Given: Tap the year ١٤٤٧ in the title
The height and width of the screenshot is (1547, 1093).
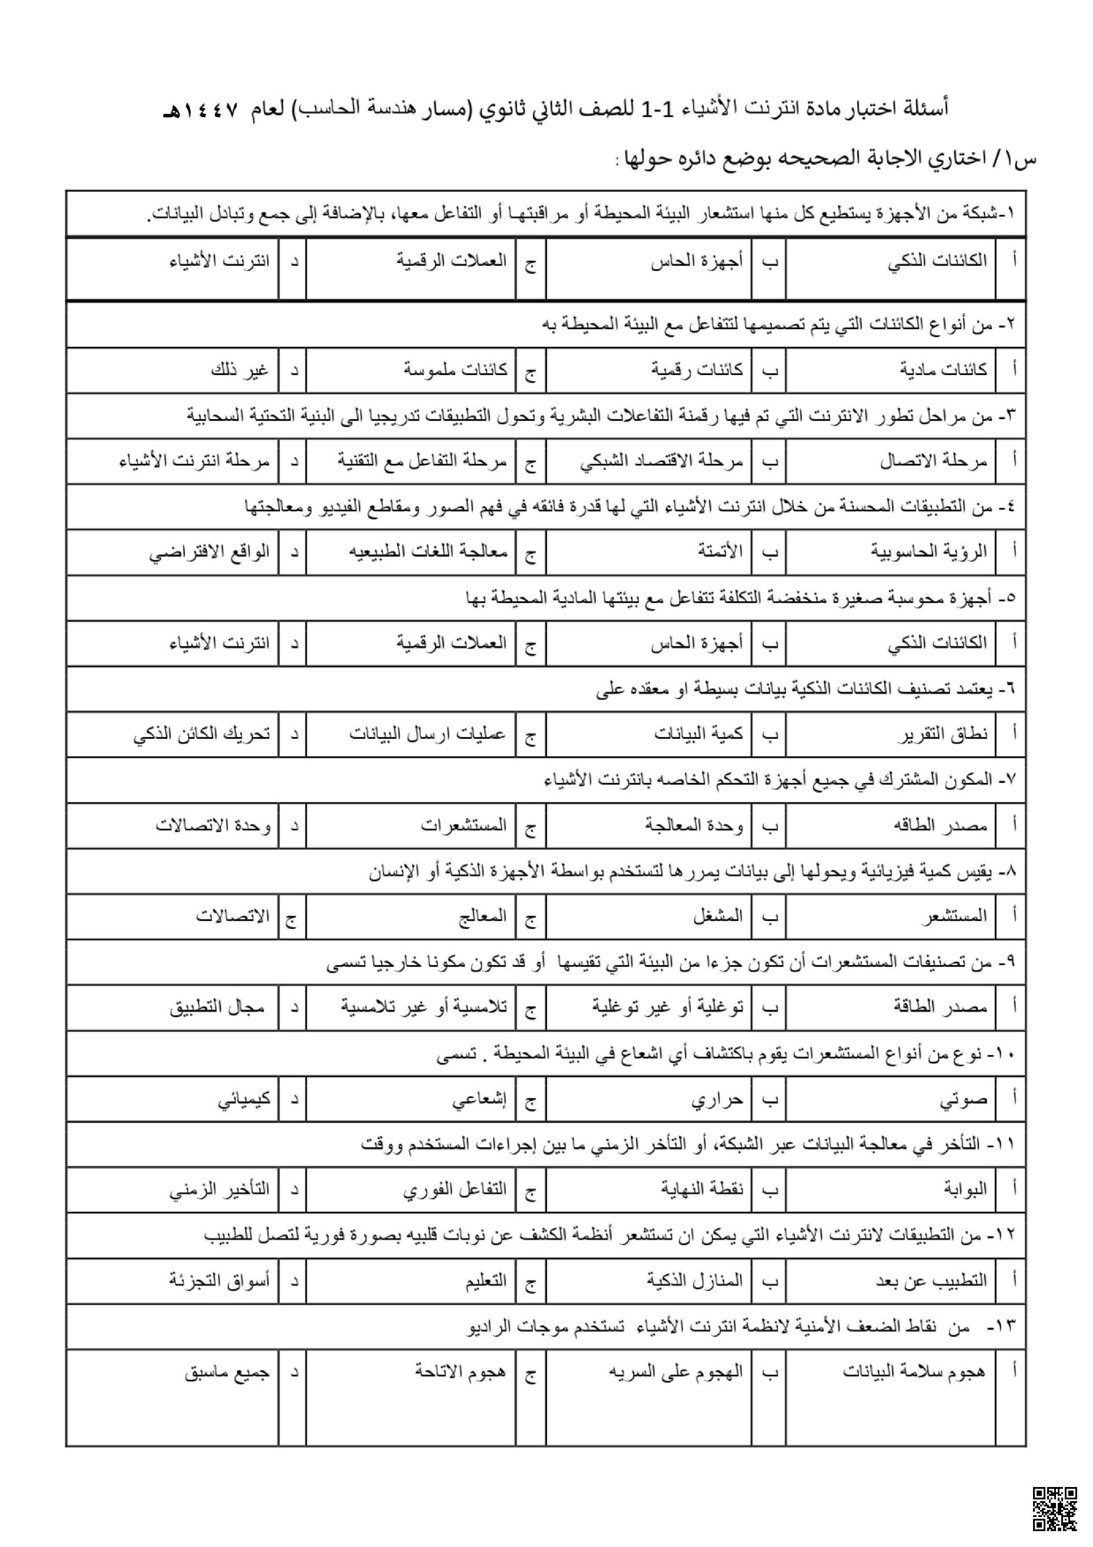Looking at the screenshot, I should [x=207, y=110].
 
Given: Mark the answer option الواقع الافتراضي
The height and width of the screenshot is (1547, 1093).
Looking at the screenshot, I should [x=209, y=552].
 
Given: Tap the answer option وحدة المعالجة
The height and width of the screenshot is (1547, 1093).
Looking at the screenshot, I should [x=694, y=825].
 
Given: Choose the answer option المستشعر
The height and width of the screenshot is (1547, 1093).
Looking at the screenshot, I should [x=954, y=915].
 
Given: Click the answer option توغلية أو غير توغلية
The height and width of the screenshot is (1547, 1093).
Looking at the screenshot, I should [x=668, y=1007].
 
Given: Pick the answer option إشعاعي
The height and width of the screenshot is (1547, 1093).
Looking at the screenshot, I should [x=479, y=1099].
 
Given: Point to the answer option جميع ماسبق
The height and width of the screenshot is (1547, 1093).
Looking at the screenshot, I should [x=227, y=1372].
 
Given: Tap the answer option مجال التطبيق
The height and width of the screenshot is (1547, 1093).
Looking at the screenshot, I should [x=217, y=1007].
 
